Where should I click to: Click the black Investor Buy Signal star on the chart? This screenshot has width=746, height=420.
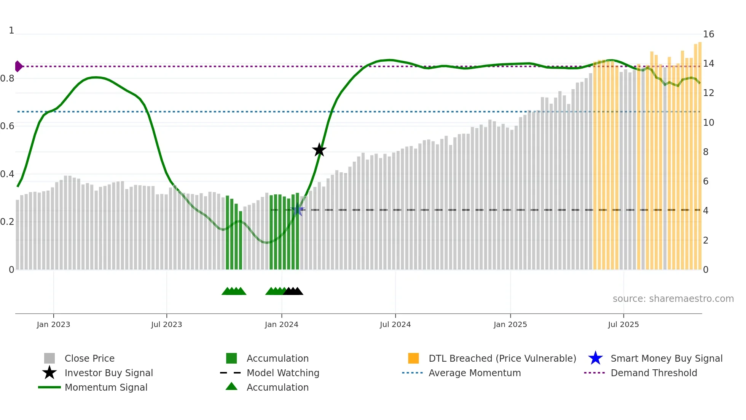tap(319, 150)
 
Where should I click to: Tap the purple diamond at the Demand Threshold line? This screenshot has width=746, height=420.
tap(18, 66)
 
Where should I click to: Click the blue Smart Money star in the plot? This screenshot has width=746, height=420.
tap(298, 210)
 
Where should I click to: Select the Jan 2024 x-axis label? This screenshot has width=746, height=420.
tap(281, 324)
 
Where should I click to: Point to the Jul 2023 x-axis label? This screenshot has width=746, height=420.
tap(166, 324)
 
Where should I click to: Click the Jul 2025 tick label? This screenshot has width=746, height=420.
tap(623, 324)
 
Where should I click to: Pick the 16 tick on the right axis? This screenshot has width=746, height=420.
tap(708, 34)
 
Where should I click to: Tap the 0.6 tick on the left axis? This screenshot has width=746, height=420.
tap(7, 126)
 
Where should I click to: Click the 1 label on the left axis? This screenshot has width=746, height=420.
tap(11, 30)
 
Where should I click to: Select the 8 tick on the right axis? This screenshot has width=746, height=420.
tap(706, 152)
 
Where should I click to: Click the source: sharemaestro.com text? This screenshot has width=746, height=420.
tap(673, 299)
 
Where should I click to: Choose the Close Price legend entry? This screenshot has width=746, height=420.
tap(89, 358)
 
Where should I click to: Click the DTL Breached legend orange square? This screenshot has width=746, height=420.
tap(413, 358)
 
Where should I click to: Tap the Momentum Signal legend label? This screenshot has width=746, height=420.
tap(106, 387)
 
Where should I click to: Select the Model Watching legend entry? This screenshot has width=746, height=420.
tap(282, 373)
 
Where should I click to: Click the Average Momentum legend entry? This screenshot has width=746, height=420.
tap(474, 373)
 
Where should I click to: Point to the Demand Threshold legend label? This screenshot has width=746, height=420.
tap(654, 373)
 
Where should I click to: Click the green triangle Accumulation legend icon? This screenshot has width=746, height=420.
tap(231, 386)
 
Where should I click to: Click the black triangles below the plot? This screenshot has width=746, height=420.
tap(293, 291)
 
